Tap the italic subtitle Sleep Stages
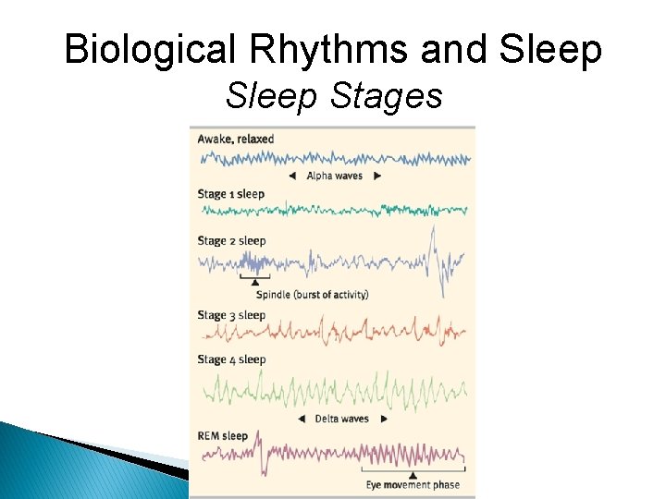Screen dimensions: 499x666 coord(334,95)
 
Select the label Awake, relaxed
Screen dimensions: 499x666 coord(236,140)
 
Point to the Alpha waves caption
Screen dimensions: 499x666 coord(334,176)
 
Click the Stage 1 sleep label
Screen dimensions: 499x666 coord(230,194)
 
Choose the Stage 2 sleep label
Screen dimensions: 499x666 coord(231,241)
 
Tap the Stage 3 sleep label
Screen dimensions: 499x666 coord(231,315)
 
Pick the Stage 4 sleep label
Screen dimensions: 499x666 coord(231,359)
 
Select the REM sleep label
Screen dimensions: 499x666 coord(223,436)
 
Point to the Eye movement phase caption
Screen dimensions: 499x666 coord(412,485)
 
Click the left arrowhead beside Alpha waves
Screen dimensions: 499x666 coord(291,176)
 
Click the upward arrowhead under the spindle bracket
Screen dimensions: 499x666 coord(255,282)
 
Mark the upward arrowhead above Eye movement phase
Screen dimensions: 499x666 coord(412,473)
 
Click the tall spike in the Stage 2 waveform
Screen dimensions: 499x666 coord(432,236)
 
